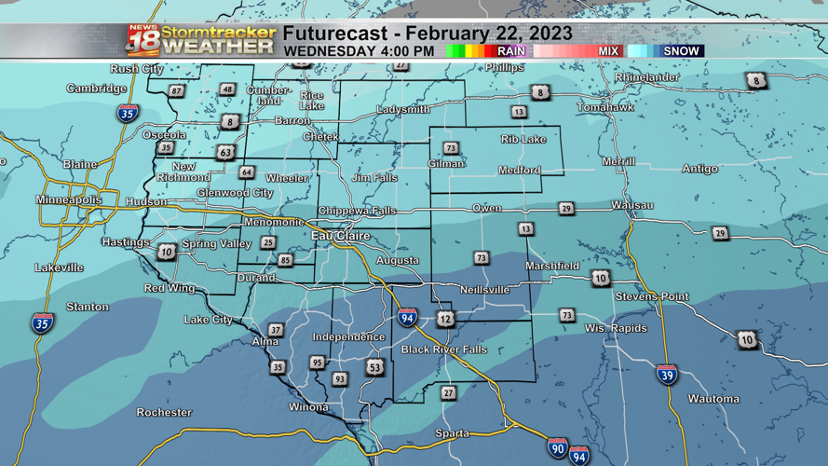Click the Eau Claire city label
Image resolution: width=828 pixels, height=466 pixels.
coord(340,236)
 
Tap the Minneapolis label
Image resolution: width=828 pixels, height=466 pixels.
coord(69,200)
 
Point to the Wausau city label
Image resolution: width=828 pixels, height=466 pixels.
coord(631,205)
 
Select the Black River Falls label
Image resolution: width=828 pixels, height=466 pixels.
coord(443,349)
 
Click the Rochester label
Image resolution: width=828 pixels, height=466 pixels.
coord(164,412)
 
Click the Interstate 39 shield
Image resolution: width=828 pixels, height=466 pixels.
coord(667,375)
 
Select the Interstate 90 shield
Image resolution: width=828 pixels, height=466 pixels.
coord(557,446)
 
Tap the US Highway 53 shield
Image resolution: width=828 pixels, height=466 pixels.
coord(374,367)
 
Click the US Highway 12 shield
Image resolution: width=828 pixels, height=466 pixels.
coord(445,320)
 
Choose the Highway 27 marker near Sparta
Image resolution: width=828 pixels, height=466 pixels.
coord(448,393)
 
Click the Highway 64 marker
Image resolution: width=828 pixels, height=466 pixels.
coord(246,172)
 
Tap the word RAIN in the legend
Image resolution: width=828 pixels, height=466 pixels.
coord(511,51)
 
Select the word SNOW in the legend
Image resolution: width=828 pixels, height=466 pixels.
coord(681,51)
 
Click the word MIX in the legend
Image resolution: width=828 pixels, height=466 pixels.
coord(608,51)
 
